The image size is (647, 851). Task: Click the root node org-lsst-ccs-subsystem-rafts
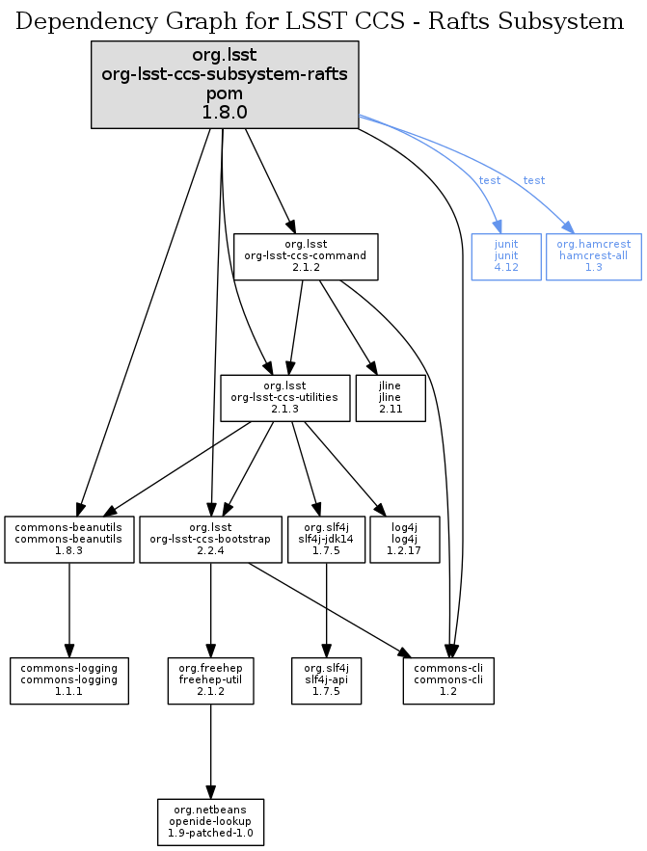[225, 85]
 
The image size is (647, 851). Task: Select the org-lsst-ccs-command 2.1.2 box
[306, 256]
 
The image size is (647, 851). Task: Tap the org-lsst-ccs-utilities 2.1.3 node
[284, 397]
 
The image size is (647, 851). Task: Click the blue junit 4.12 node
[506, 256]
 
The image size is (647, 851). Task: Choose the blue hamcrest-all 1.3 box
[593, 256]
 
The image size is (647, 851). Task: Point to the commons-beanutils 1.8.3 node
[69, 540]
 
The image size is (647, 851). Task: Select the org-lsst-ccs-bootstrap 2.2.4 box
[211, 540]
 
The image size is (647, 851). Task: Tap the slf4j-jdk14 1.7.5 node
[327, 540]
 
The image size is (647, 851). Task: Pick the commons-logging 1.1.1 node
[69, 680]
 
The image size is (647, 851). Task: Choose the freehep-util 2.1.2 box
[210, 680]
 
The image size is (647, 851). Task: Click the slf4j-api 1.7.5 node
[327, 680]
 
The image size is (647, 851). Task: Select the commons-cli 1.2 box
[448, 680]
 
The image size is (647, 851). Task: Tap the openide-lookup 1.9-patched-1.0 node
[210, 821]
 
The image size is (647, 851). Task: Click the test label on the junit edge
[490, 180]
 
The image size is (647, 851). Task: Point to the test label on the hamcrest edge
[534, 180]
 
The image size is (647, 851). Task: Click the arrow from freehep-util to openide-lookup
[210, 752]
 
